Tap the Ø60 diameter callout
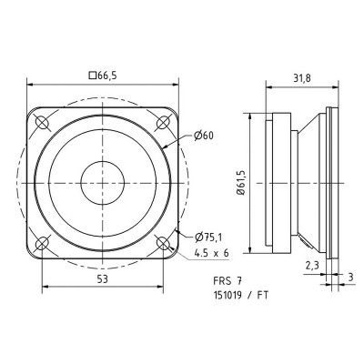[204, 136]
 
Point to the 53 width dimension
[102, 280]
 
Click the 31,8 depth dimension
[297, 77]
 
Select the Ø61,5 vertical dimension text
[241, 182]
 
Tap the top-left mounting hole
[42, 121]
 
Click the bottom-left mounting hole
[42, 243]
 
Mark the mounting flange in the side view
[329, 182]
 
